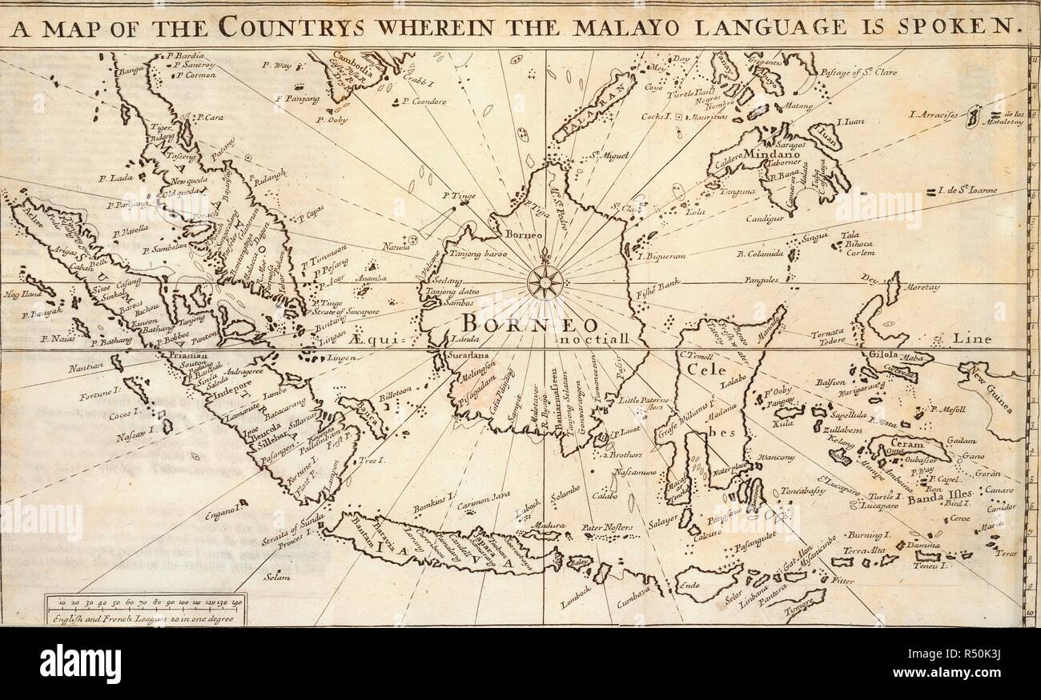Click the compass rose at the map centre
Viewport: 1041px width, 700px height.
click(545, 281)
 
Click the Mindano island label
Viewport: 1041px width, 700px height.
click(769, 153)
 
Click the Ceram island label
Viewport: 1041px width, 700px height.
click(907, 444)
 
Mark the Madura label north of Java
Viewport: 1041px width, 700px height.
click(544, 525)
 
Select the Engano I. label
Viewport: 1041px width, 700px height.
click(221, 509)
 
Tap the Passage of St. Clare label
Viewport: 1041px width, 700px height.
click(858, 72)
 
